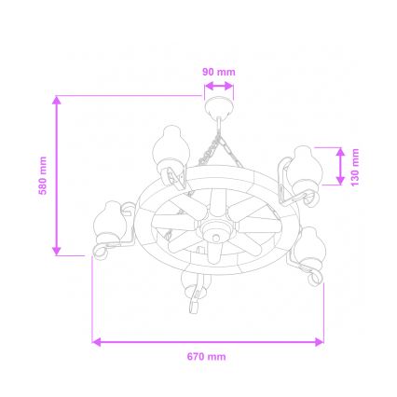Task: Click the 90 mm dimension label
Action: click(219, 71)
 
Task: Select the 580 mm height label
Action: click(43, 175)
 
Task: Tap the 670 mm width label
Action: click(207, 356)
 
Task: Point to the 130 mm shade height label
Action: click(356, 165)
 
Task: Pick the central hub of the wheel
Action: click(213, 229)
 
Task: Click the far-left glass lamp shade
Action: click(110, 221)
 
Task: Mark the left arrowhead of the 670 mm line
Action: click(96, 342)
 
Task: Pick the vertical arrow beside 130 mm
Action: click(340, 165)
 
